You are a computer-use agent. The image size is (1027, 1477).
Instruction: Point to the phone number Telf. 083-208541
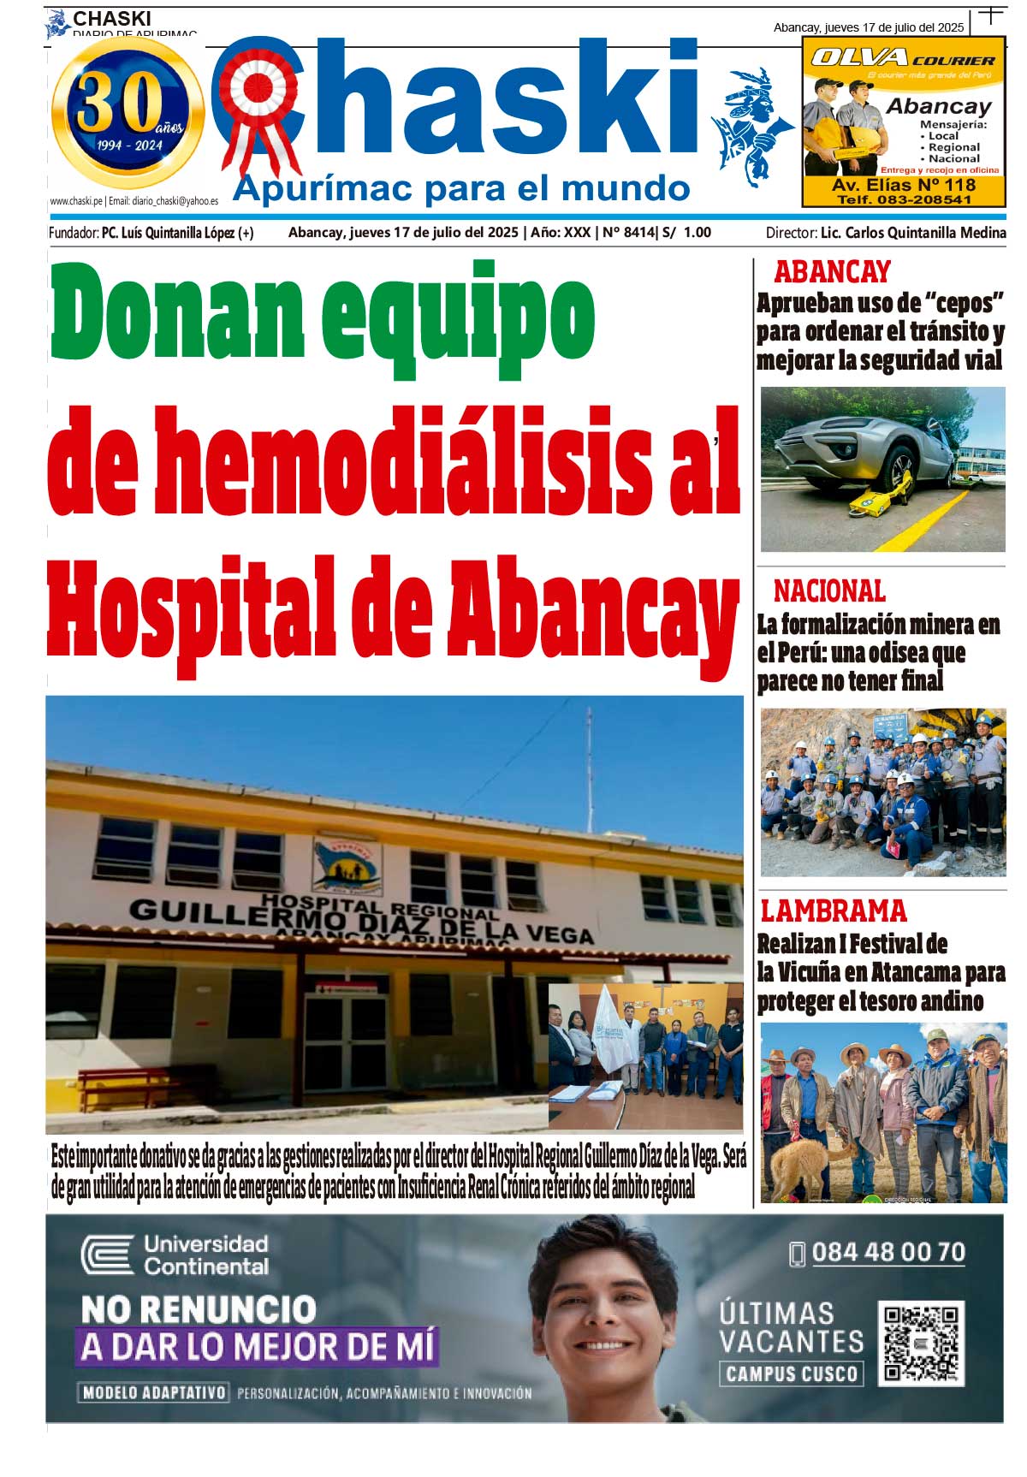[904, 199]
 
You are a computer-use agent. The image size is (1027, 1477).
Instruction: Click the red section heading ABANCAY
[832, 272]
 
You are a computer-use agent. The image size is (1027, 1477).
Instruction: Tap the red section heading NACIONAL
[829, 591]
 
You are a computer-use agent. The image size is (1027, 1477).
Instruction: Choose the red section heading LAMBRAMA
[833, 911]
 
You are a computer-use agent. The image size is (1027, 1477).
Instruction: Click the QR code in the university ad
[921, 1343]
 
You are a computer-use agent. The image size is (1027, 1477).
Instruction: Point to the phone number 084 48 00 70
[887, 1253]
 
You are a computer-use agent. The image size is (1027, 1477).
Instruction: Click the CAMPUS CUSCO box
[791, 1374]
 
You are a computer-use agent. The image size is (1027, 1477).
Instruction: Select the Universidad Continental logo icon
[108, 1255]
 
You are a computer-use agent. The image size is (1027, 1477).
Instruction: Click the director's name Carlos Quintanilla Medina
[912, 233]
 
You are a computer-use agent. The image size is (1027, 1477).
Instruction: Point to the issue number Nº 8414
[628, 233]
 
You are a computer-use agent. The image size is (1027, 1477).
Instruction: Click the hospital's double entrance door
[346, 1044]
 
